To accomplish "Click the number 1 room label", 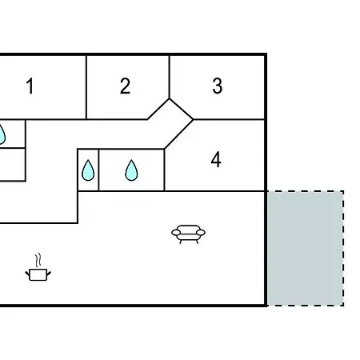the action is click(30, 86).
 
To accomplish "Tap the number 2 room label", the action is click(125, 86).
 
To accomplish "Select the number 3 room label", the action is click(218, 86).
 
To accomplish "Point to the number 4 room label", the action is click(216, 159).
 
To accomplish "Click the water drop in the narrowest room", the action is click(88, 170).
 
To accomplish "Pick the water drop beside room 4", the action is click(131, 170).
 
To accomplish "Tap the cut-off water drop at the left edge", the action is click(2, 134).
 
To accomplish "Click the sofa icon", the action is click(188, 234).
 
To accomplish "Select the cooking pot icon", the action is click(38, 274).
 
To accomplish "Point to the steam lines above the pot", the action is click(38, 260).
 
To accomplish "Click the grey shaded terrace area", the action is click(306, 248).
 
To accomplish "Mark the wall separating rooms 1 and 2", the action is click(86, 87).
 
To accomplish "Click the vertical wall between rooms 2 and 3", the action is click(169, 78).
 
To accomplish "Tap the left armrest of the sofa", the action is click(176, 233).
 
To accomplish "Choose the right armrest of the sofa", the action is click(201, 233).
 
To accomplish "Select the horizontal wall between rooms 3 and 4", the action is click(229, 119).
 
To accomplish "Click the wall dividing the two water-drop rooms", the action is click(98, 170).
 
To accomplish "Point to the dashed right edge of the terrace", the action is click(343, 248).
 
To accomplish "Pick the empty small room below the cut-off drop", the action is click(12, 165).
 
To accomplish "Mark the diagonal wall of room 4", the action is click(178, 134).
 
